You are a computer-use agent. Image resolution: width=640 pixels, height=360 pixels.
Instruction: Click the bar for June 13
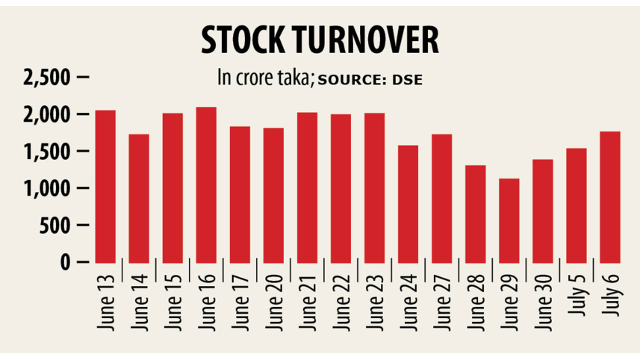click(105, 186)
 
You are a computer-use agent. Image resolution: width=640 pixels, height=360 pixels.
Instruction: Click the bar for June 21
click(307, 187)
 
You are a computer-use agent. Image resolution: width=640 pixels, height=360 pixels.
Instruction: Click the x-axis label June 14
click(140, 305)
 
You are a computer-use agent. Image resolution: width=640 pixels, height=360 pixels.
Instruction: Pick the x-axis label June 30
click(543, 305)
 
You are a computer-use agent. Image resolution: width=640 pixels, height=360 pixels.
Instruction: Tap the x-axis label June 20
click(274, 305)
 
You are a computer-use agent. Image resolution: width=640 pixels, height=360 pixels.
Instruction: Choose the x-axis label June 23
click(375, 305)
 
